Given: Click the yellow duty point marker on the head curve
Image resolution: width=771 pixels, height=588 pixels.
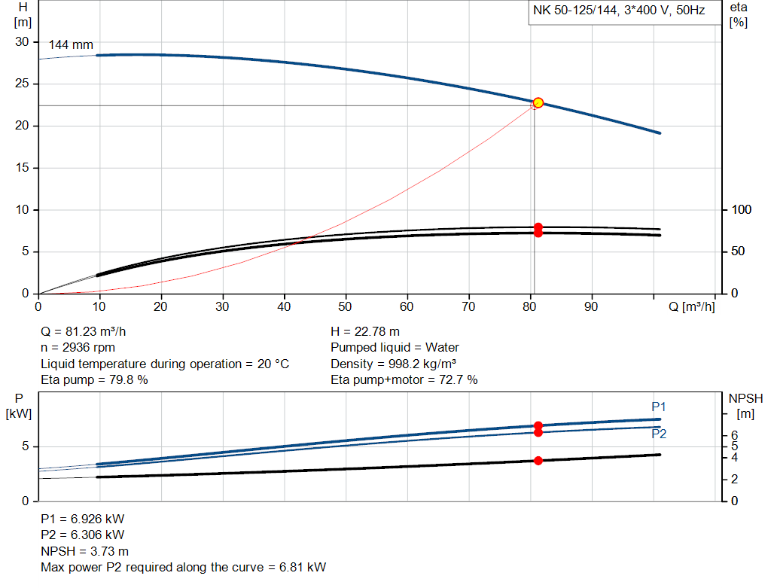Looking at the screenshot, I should coord(538,102).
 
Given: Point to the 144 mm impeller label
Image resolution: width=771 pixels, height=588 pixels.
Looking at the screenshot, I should coord(71,45).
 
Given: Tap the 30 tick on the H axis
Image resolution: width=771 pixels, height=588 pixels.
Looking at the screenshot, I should coord(22,42).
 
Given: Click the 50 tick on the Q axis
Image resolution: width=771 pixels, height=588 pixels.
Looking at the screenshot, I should coord(346,306).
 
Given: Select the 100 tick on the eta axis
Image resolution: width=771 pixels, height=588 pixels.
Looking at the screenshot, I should coord(742,209).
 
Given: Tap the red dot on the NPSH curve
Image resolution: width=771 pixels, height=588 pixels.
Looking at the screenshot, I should coord(538,460).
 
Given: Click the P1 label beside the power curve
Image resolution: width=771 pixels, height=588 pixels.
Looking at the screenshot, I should coord(659,407).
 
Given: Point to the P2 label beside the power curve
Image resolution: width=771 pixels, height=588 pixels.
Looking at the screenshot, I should coord(659,434).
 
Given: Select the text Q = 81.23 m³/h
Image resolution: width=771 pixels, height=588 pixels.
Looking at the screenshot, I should coord(90,331).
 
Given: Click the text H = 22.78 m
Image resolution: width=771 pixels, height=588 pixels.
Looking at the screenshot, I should coord(365,331).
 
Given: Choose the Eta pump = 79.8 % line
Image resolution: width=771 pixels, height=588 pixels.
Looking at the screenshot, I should coord(94,380).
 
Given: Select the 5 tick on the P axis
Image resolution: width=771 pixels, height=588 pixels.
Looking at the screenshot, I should coord(26,446).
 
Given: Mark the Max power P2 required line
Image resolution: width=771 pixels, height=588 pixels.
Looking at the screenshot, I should coord(184,567).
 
